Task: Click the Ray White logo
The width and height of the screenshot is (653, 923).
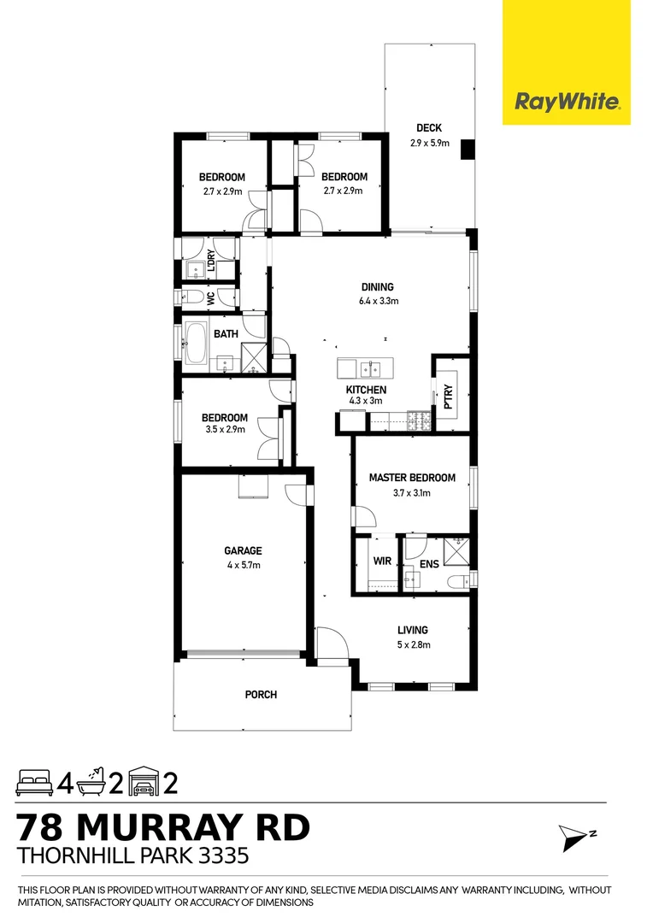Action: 566,102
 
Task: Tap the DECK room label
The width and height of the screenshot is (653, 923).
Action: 429,128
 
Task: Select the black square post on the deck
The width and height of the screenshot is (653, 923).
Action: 467,150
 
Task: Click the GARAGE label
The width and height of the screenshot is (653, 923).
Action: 244,551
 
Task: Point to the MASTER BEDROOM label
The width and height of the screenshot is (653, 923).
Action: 412,478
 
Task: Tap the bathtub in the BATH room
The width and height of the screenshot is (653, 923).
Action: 196,346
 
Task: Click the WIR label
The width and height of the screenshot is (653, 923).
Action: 381,561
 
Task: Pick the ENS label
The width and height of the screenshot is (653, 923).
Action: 428,565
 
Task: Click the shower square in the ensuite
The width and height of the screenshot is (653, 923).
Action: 456,551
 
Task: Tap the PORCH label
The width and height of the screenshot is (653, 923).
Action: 261,695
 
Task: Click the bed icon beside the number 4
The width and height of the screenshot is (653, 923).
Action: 34,781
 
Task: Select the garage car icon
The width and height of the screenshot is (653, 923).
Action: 144,781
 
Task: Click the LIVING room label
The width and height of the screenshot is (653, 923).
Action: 412,630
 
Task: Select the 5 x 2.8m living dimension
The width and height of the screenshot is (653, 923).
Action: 412,645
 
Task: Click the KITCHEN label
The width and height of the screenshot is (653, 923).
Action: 366,390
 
